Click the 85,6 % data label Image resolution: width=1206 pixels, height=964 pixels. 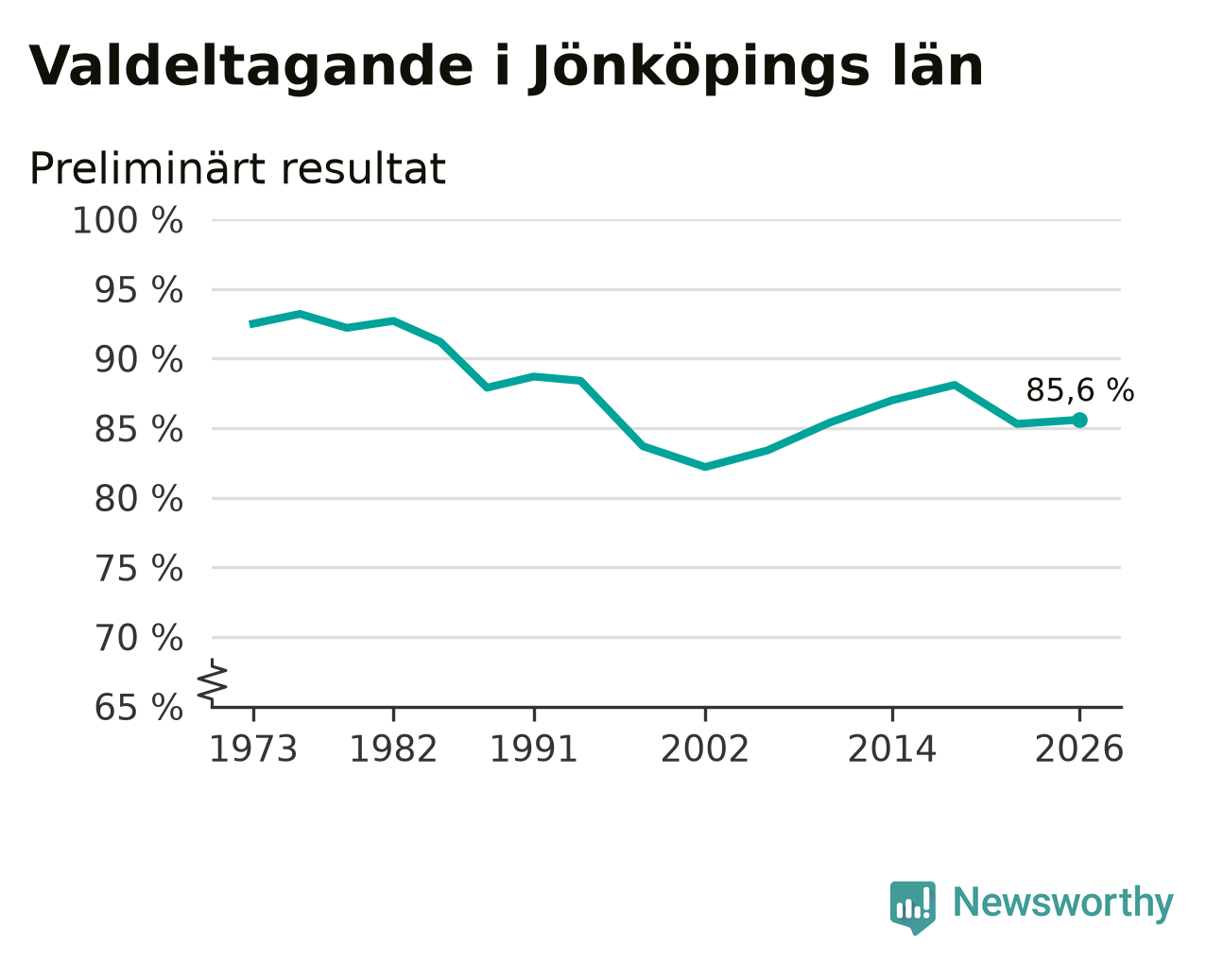pos(1080,390)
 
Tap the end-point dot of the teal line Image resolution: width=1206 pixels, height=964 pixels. pos(1079,420)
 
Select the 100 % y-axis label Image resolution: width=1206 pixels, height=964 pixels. pos(128,220)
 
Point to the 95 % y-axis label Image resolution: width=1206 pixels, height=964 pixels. pos(138,290)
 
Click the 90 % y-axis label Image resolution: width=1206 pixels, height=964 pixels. pos(138,359)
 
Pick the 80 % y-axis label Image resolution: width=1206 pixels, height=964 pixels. pos(138,499)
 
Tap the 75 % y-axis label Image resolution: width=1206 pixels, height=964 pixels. pos(138,568)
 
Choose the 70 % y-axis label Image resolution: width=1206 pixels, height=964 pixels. pos(138,638)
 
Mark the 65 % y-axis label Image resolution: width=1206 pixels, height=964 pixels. pos(138,707)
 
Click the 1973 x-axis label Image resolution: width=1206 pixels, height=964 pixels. pos(253,749)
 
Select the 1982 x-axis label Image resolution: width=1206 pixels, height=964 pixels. pos(393,749)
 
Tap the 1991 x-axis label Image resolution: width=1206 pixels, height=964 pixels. pos(534,749)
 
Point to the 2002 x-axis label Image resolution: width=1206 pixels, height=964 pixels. pos(705,749)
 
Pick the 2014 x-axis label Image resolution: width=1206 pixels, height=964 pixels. pos(892,749)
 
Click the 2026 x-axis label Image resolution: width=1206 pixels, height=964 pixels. pos(1079,749)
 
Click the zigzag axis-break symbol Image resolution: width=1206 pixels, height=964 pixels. pos(213,680)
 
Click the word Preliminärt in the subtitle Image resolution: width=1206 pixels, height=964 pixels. pos(146,168)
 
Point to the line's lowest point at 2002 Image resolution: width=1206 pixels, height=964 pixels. pos(705,466)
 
